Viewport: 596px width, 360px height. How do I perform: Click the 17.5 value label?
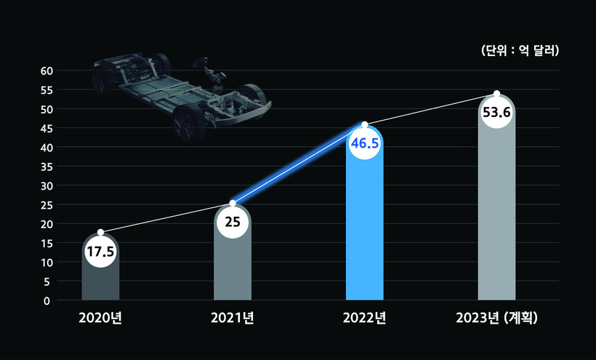pyautogui.click(x=100, y=252)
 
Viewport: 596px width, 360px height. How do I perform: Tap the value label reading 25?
pyautogui.click(x=233, y=222)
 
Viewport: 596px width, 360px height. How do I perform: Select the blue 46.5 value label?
pyautogui.click(x=365, y=143)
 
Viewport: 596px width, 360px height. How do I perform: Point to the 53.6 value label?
pyautogui.click(x=496, y=113)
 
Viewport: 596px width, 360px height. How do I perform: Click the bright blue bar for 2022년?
pyautogui.click(x=365, y=233)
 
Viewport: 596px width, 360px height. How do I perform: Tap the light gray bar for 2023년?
pyautogui.click(x=496, y=218)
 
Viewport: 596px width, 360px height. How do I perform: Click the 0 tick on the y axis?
pyautogui.click(x=47, y=300)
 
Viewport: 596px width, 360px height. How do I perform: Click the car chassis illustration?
pyautogui.click(x=182, y=91)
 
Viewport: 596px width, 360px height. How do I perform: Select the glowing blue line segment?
pyautogui.click(x=299, y=164)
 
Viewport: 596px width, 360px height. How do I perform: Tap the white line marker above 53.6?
pyautogui.click(x=496, y=94)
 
